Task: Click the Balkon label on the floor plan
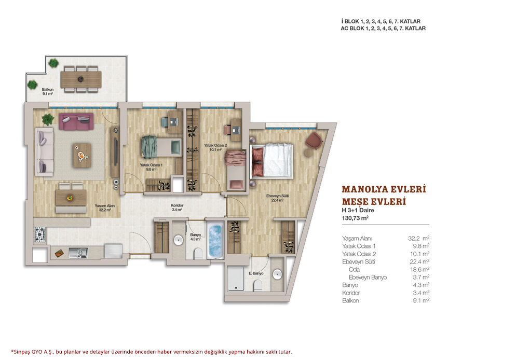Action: [x=48, y=89]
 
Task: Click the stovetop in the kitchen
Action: [x=40, y=234]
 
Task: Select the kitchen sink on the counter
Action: [x=78, y=253]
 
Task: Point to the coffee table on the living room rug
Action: [x=82, y=155]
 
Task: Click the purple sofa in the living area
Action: [x=76, y=121]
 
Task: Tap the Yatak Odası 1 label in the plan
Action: [x=151, y=165]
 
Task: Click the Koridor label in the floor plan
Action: [x=177, y=205]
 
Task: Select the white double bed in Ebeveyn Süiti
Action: [x=272, y=160]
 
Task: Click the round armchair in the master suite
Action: [x=314, y=141]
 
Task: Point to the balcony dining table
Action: [x=81, y=79]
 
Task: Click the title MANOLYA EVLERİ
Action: [x=384, y=189]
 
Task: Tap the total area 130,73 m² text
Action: [x=355, y=218]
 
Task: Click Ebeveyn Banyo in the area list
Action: [x=368, y=277]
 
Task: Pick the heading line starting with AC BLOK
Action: [x=383, y=29]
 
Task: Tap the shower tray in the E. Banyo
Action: [x=236, y=279]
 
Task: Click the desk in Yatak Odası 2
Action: [x=236, y=130]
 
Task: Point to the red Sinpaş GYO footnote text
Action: [x=152, y=352]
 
